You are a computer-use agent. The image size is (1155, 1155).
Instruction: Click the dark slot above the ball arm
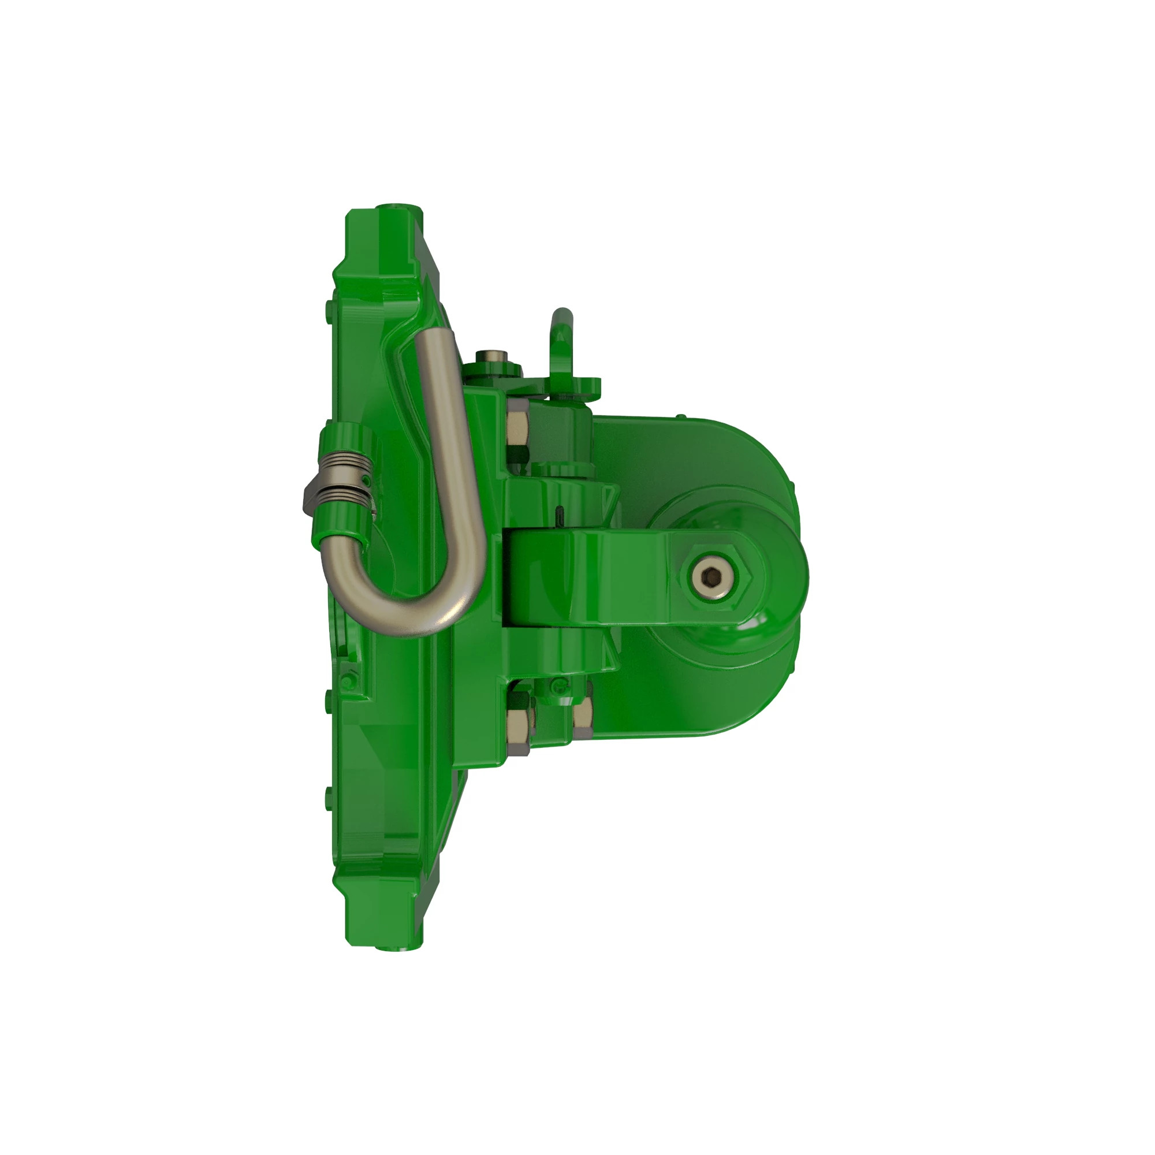tap(559, 513)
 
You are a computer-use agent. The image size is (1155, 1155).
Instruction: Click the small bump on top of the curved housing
tap(681, 415)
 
